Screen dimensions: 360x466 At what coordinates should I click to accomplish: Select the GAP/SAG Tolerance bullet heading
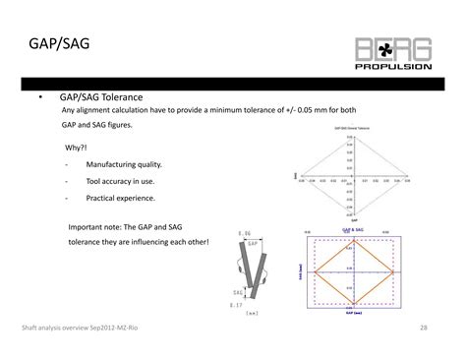(101, 98)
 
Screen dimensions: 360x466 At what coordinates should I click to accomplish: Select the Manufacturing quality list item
(124, 164)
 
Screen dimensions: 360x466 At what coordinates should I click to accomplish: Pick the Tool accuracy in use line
(120, 182)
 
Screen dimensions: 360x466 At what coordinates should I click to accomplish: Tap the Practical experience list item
(122, 201)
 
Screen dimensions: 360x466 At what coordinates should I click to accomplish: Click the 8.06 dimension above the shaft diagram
(247, 233)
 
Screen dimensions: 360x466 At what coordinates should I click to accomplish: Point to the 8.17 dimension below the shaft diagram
(236, 305)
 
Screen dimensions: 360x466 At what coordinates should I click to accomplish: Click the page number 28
(424, 328)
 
